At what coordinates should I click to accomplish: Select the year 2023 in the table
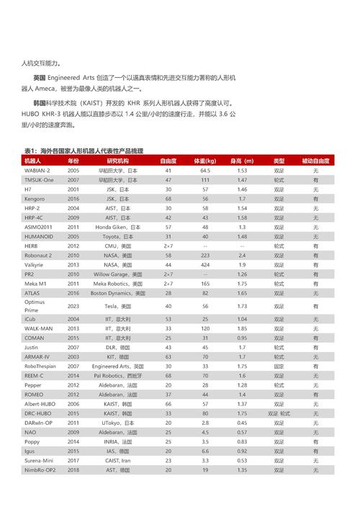[73, 306]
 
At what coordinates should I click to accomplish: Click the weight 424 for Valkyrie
[205, 264]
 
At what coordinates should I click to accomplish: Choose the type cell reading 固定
[279, 366]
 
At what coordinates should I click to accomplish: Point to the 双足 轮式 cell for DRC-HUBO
[279, 413]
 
